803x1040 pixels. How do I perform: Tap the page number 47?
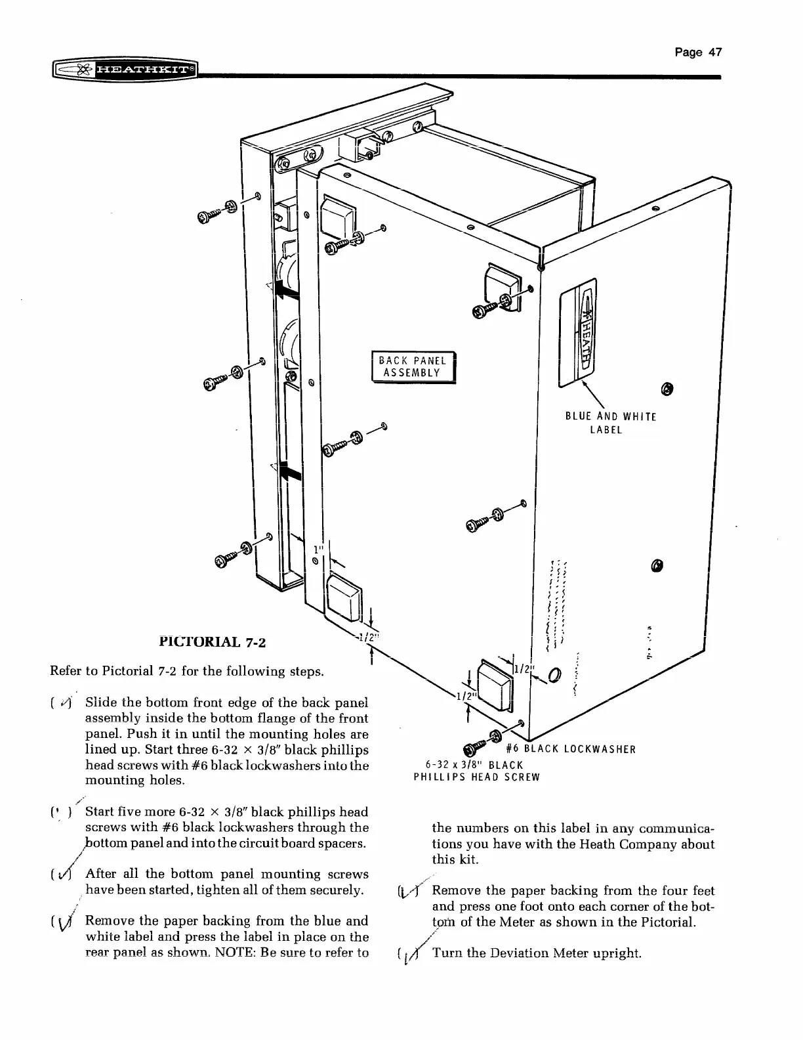[698, 53]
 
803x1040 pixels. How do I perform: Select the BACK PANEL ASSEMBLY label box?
[413, 367]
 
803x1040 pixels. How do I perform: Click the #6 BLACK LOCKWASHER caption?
[571, 749]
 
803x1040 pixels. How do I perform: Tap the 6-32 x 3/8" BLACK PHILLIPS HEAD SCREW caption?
[476, 771]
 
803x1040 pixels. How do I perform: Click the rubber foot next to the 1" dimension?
[344, 599]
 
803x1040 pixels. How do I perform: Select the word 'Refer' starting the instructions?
[65, 672]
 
